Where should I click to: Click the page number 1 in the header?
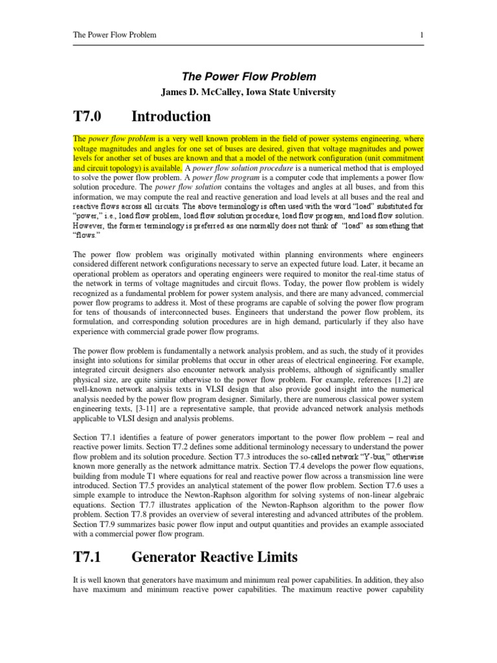click(x=421, y=34)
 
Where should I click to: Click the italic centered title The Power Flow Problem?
click(x=248, y=77)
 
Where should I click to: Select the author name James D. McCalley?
click(x=204, y=92)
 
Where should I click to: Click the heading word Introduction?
click(x=171, y=117)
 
